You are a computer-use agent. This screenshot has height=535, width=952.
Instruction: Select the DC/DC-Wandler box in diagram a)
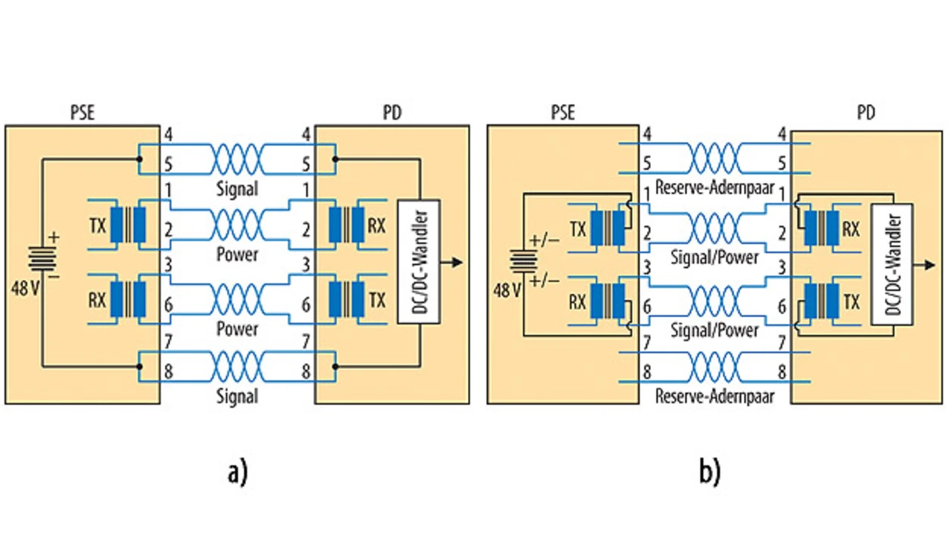[419, 261]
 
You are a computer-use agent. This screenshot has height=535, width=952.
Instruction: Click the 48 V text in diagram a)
[25, 289]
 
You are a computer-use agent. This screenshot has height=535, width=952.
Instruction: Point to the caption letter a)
[237, 472]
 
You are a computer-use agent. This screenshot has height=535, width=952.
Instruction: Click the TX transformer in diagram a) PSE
[128, 223]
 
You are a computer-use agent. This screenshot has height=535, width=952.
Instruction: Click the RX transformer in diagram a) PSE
[128, 299]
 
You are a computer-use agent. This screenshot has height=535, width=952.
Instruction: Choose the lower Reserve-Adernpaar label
[714, 397]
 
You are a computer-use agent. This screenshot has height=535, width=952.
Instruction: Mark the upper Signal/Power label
[714, 257]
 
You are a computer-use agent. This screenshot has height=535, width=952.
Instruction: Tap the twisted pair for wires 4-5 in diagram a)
[238, 159]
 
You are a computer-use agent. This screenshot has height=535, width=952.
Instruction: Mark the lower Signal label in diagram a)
[237, 397]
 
